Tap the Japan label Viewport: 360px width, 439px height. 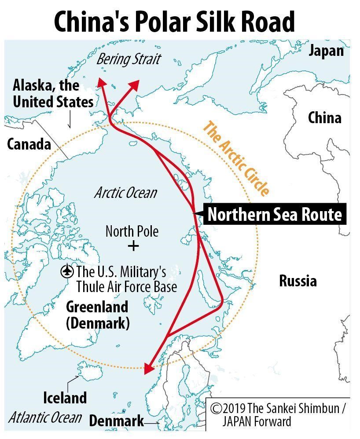pyautogui.click(x=326, y=51)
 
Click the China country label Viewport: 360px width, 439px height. pyautogui.click(x=324, y=118)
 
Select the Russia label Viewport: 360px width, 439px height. pyautogui.click(x=298, y=281)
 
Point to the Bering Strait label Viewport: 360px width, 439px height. pyautogui.click(x=129, y=59)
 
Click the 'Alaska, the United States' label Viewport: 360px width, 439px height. pyautogui.click(x=53, y=93)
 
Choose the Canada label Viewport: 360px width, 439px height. pyautogui.click(x=29, y=144)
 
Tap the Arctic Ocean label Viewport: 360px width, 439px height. pyautogui.click(x=125, y=193)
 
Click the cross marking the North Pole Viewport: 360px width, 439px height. pyautogui.click(x=132, y=245)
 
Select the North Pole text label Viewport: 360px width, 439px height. pyautogui.click(x=132, y=231)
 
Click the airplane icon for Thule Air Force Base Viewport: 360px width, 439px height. pyautogui.click(x=67, y=271)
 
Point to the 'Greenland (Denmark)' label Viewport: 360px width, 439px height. pyautogui.click(x=97, y=315)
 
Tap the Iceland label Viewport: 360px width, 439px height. pyautogui.click(x=65, y=398)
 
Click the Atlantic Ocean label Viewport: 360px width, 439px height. pyautogui.click(x=45, y=417)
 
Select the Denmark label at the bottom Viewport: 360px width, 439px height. pyautogui.click(x=116, y=421)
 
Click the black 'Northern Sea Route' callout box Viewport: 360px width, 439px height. pyautogui.click(x=274, y=215)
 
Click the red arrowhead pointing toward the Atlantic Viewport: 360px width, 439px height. pyautogui.click(x=150, y=369)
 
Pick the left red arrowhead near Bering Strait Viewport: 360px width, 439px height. pyautogui.click(x=102, y=84)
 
